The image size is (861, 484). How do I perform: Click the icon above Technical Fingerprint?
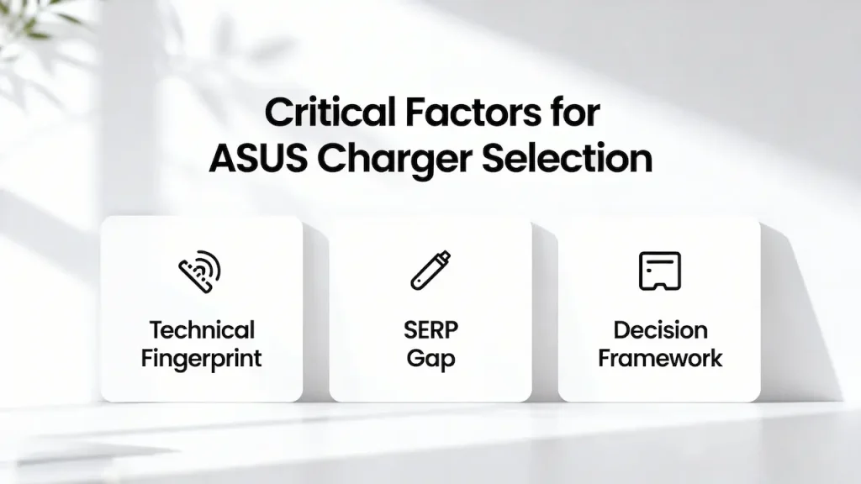(x=201, y=271)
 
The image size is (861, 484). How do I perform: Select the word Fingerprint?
(x=202, y=358)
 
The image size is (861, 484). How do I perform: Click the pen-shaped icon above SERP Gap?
(x=430, y=271)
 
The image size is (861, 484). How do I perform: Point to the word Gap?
(x=430, y=359)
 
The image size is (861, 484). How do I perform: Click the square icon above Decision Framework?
(x=660, y=271)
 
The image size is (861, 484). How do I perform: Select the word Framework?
(x=660, y=358)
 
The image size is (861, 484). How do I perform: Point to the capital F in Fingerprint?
(x=147, y=358)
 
